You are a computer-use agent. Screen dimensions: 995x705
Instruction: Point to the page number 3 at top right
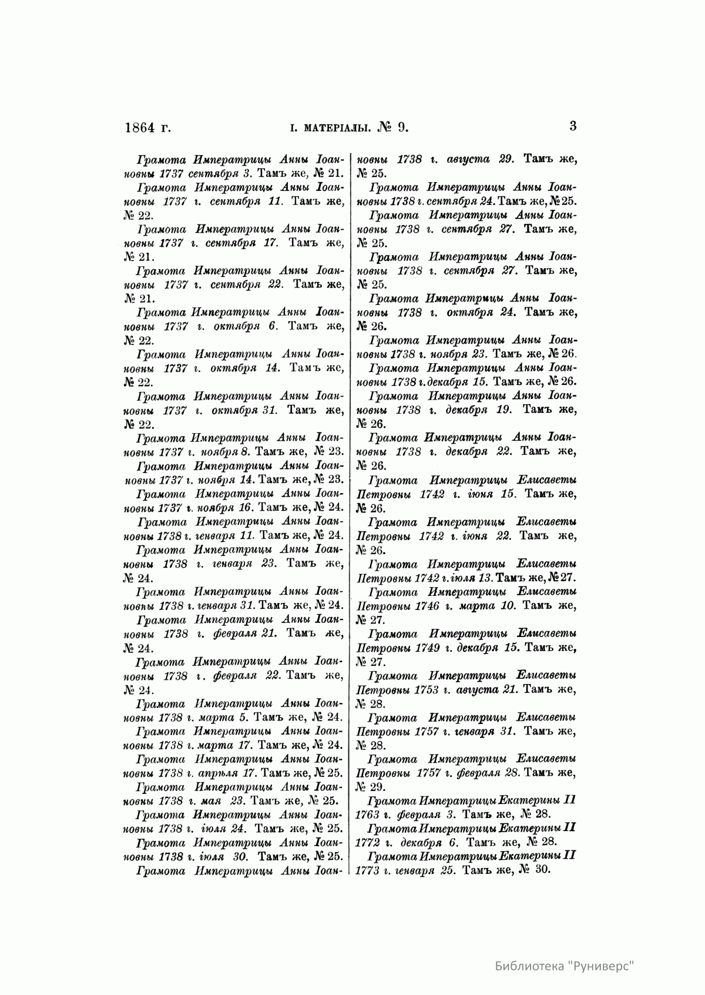point(573,126)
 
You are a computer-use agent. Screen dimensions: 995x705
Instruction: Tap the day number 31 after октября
point(268,410)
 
